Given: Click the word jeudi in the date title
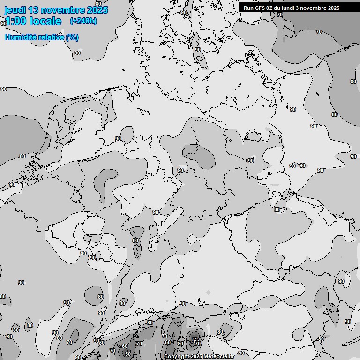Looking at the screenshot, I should (15, 10).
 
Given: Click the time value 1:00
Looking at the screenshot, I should (14, 21).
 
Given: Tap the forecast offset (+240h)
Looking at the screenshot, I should (83, 21).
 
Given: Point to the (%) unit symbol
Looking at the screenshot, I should (72, 37).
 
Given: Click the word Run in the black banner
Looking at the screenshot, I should (248, 8).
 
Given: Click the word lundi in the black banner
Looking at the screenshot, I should (290, 8).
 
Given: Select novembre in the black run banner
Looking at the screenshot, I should (315, 8).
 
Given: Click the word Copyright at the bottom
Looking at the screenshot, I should (176, 357).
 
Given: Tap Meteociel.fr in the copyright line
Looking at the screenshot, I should (218, 357).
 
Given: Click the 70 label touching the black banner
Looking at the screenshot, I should (279, 15).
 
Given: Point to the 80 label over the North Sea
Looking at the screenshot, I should (22, 156).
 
